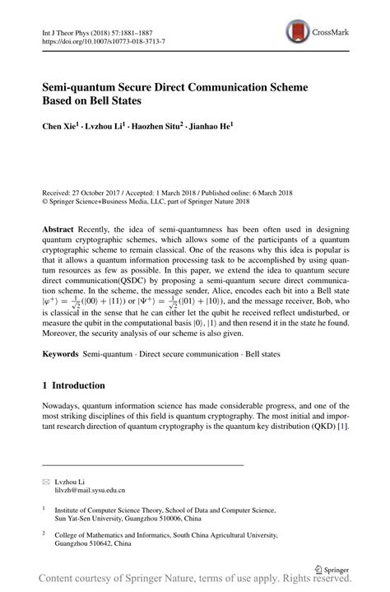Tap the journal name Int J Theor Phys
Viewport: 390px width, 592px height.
[71, 28]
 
